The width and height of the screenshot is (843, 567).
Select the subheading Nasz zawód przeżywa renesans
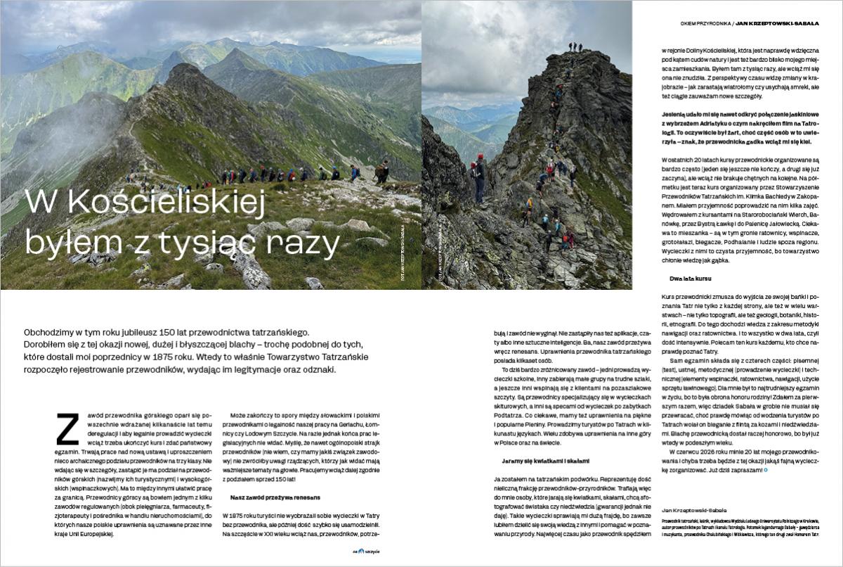point(271,497)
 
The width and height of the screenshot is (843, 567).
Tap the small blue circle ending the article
point(766,469)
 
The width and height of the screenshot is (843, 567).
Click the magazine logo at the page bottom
point(365,552)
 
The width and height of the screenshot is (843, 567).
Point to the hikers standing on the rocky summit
point(575,47)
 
